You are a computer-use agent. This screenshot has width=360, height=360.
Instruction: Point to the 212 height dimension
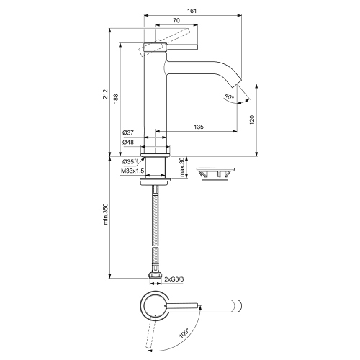(x=105, y=94)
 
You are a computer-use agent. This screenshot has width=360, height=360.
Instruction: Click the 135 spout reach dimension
(x=197, y=127)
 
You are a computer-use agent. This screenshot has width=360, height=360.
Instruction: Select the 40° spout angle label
(x=228, y=96)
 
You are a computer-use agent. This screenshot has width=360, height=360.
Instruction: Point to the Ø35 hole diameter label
(x=130, y=161)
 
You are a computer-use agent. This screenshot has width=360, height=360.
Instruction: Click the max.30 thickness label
(x=183, y=166)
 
